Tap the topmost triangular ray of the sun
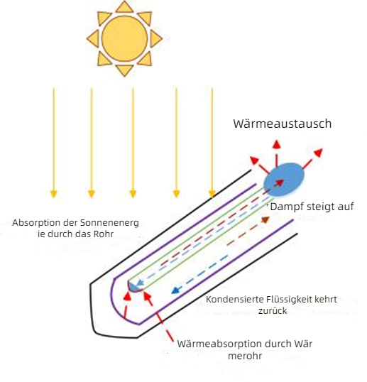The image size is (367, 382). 124,6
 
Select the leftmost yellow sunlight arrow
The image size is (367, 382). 53,142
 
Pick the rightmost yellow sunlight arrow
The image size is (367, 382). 212,142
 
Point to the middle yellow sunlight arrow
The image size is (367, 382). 132,142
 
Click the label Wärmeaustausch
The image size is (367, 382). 283,124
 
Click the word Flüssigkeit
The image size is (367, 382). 286,300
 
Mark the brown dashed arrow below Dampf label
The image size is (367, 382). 259,224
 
